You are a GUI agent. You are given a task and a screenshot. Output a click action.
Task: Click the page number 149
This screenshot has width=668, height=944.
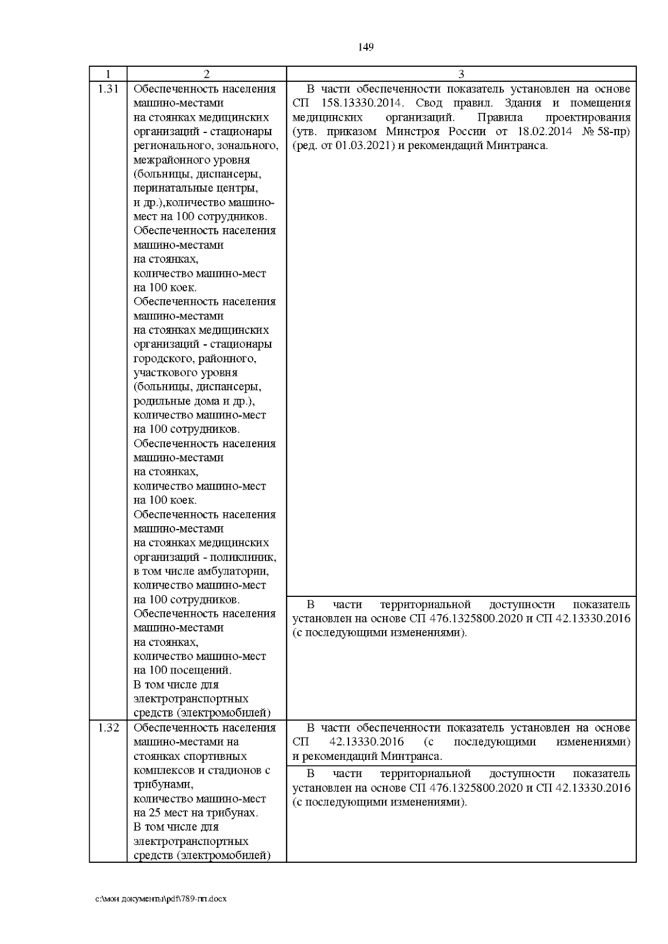pos(365,47)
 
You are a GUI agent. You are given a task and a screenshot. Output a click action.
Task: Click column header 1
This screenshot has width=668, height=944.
pos(107,74)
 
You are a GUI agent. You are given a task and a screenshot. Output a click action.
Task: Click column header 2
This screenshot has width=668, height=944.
pos(206,74)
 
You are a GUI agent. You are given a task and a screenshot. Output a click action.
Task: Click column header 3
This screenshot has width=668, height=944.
pos(460,74)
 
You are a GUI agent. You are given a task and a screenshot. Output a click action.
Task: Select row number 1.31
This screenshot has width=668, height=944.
pos(107,89)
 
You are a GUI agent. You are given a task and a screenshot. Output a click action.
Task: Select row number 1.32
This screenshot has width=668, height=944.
pos(107,728)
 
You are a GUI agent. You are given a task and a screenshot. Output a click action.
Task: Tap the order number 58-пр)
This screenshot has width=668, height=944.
pos(612,132)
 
